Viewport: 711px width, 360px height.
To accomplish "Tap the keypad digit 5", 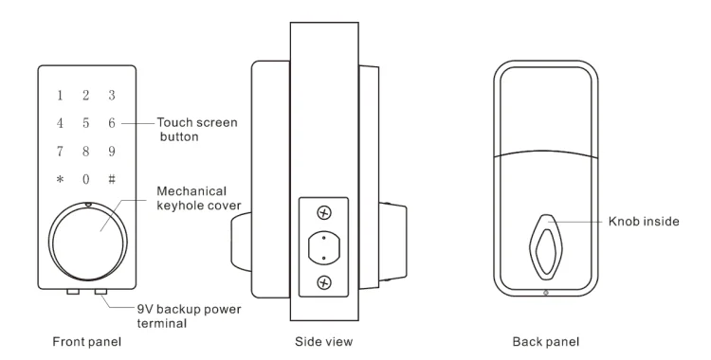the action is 85,123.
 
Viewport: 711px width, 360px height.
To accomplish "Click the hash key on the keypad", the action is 112,179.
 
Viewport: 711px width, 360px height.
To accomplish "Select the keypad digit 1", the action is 60,96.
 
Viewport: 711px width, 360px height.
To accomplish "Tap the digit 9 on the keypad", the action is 112,151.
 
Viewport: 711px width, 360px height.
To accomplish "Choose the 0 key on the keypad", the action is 85,179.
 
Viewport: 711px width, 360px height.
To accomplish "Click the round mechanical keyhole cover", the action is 88,242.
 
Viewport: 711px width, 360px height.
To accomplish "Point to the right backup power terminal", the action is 100,292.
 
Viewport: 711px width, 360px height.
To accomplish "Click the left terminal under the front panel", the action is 73,292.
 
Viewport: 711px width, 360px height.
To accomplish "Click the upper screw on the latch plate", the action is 324,212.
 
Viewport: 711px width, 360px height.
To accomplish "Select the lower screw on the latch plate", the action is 324,282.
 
